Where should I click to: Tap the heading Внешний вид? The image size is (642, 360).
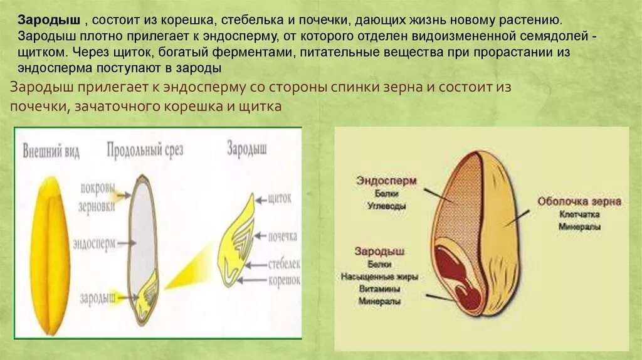pyautogui.click(x=51, y=152)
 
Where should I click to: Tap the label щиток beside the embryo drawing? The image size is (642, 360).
pyautogui.click(x=280, y=199)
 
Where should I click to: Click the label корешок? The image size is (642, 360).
pyautogui.click(x=284, y=280)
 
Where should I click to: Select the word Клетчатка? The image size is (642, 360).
pyautogui.click(x=579, y=214)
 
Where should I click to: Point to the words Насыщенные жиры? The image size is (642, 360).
pyautogui.click(x=379, y=276)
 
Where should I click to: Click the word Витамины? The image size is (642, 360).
pyautogui.click(x=380, y=289)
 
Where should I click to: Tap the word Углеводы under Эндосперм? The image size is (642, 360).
pyautogui.click(x=386, y=206)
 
